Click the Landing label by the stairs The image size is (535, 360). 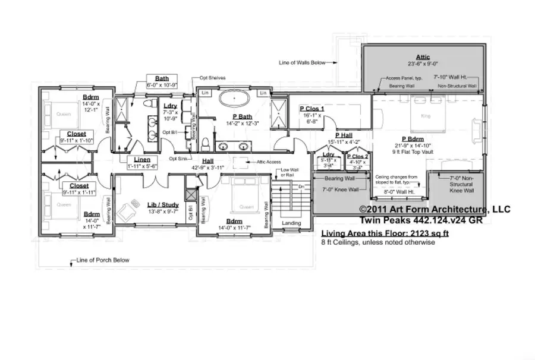(291, 223)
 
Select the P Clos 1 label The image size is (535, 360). (311, 109)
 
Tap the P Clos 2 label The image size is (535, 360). (358, 156)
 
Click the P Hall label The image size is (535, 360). (344, 135)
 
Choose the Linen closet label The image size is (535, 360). (141, 160)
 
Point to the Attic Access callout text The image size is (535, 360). (269, 161)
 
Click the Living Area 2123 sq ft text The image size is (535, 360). (385, 234)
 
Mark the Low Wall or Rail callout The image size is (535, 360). (290, 172)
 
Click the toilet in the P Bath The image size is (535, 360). (205, 143)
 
